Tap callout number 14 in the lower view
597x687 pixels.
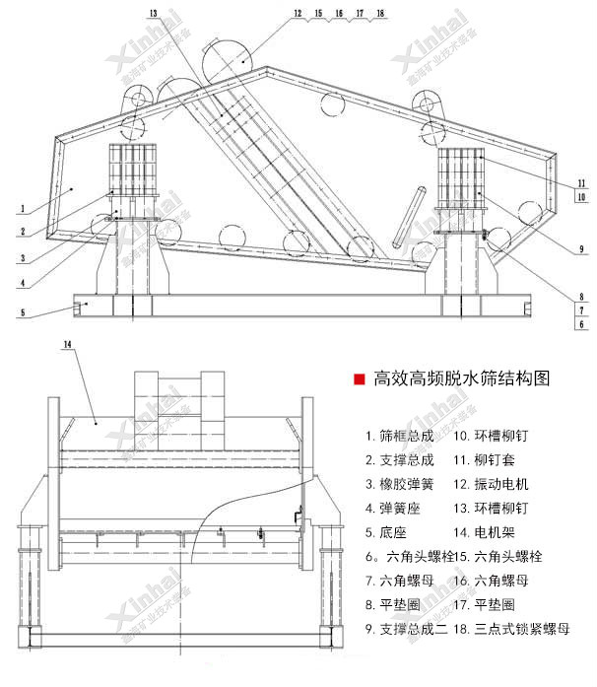[68, 344]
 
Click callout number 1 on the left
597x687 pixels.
[21, 209]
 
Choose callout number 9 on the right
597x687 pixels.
[582, 248]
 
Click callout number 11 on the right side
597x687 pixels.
[582, 183]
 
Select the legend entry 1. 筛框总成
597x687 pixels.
[399, 436]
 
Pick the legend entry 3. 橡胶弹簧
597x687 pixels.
[399, 484]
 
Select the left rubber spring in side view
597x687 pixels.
[132, 169]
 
